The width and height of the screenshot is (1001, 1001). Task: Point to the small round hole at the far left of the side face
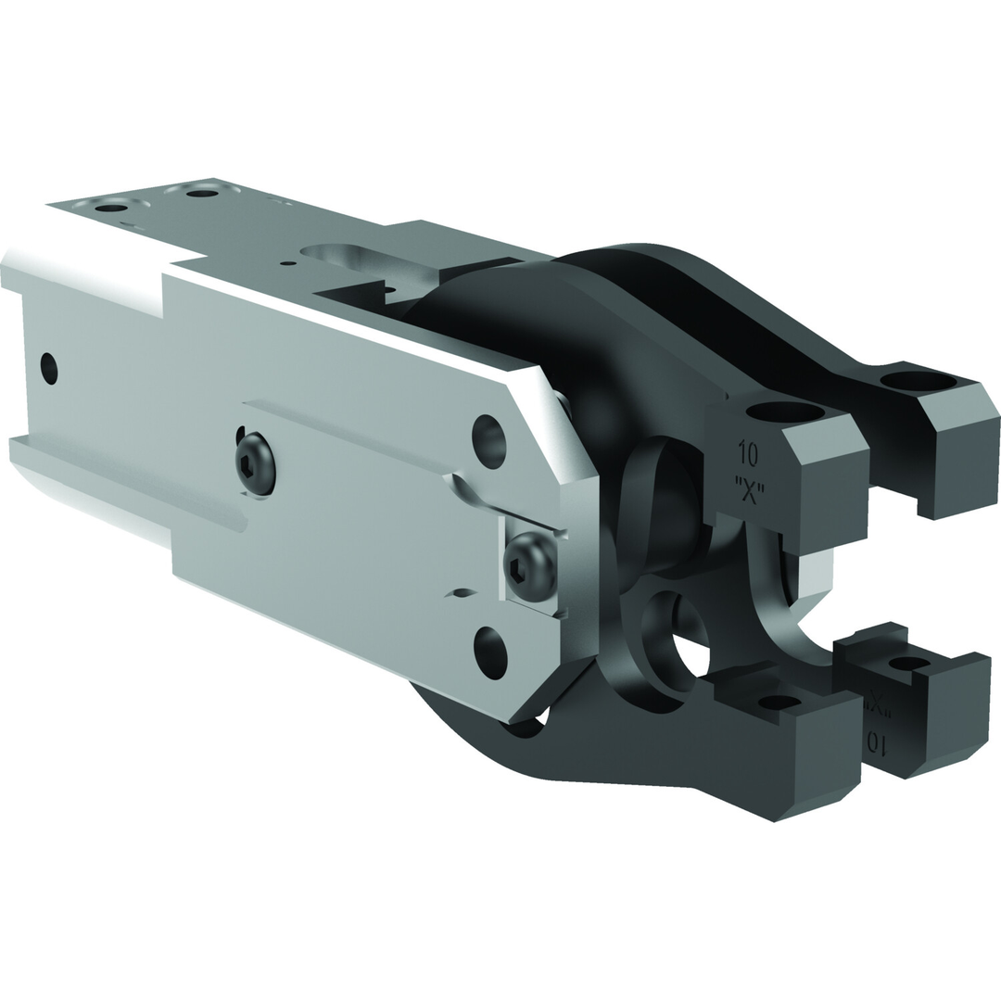point(49,368)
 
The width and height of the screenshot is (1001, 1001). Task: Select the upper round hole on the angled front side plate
point(488,440)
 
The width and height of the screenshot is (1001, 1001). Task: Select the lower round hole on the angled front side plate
point(490,653)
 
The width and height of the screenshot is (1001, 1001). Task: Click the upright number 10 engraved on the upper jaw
point(748,455)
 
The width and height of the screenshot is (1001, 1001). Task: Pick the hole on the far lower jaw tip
point(908,664)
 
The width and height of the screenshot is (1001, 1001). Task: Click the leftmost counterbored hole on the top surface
point(111,207)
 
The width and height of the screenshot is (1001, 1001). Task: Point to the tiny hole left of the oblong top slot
point(288,263)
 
